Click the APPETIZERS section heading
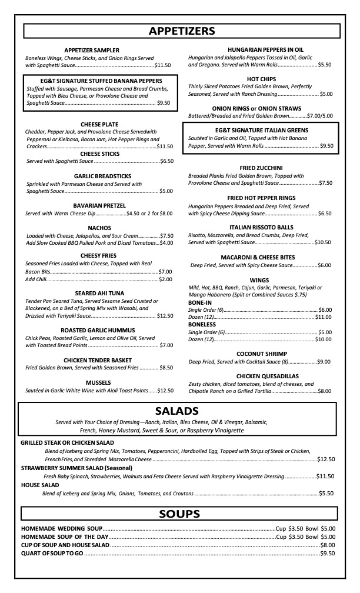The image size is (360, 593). [x=181, y=31]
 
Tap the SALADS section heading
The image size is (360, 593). [x=176, y=411]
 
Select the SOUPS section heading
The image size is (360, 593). [x=179, y=514]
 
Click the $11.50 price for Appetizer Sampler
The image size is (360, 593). [x=162, y=65]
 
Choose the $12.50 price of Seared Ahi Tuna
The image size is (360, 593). [x=165, y=316]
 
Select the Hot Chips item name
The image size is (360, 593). [x=262, y=79]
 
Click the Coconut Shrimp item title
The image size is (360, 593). [x=262, y=354]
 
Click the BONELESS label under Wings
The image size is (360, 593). [x=202, y=324]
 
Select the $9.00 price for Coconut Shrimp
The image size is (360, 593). [x=324, y=362]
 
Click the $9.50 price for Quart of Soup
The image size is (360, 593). [x=328, y=553]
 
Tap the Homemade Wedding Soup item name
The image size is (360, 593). [x=62, y=528]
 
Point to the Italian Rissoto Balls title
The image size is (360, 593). [x=261, y=227]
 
